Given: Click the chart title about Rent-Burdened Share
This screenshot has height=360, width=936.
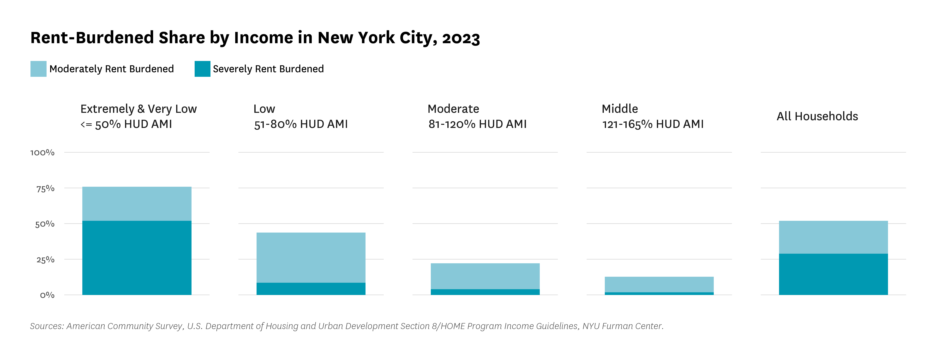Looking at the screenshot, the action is pyautogui.click(x=255, y=38).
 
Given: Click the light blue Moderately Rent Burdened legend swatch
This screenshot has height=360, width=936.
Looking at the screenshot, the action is pyautogui.click(x=38, y=69).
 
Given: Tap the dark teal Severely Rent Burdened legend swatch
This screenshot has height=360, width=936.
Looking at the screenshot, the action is pyautogui.click(x=202, y=69).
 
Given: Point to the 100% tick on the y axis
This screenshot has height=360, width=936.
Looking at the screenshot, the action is pyautogui.click(x=42, y=153).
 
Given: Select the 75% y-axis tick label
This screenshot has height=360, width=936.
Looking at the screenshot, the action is pyautogui.click(x=45, y=189).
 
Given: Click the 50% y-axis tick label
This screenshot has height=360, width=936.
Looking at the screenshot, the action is pyautogui.click(x=45, y=224).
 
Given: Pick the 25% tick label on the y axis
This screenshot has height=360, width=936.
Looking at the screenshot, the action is pyautogui.click(x=45, y=260).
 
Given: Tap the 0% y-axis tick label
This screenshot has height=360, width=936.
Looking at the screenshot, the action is pyautogui.click(x=47, y=295).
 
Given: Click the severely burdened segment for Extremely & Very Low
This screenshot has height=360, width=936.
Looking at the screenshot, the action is pyautogui.click(x=137, y=258).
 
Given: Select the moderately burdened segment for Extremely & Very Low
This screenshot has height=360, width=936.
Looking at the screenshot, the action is pyautogui.click(x=137, y=204).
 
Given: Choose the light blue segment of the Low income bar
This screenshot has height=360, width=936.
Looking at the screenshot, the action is pyautogui.click(x=311, y=258).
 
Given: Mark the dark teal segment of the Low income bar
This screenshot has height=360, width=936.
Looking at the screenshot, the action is pyautogui.click(x=311, y=289).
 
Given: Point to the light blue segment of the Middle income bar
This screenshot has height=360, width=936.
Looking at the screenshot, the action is pyautogui.click(x=659, y=284).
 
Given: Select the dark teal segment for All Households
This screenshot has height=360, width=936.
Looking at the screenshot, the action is pyautogui.click(x=833, y=274).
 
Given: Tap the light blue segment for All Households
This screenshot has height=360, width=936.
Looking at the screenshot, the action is pyautogui.click(x=833, y=237).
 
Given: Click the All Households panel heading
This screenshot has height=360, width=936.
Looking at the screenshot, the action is pyautogui.click(x=817, y=116).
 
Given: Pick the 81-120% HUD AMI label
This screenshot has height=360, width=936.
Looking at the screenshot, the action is pyautogui.click(x=477, y=124).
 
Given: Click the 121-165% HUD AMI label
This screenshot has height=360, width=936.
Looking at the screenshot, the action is pyautogui.click(x=653, y=124).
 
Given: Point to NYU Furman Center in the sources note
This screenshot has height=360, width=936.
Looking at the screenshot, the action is pyautogui.click(x=623, y=326).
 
